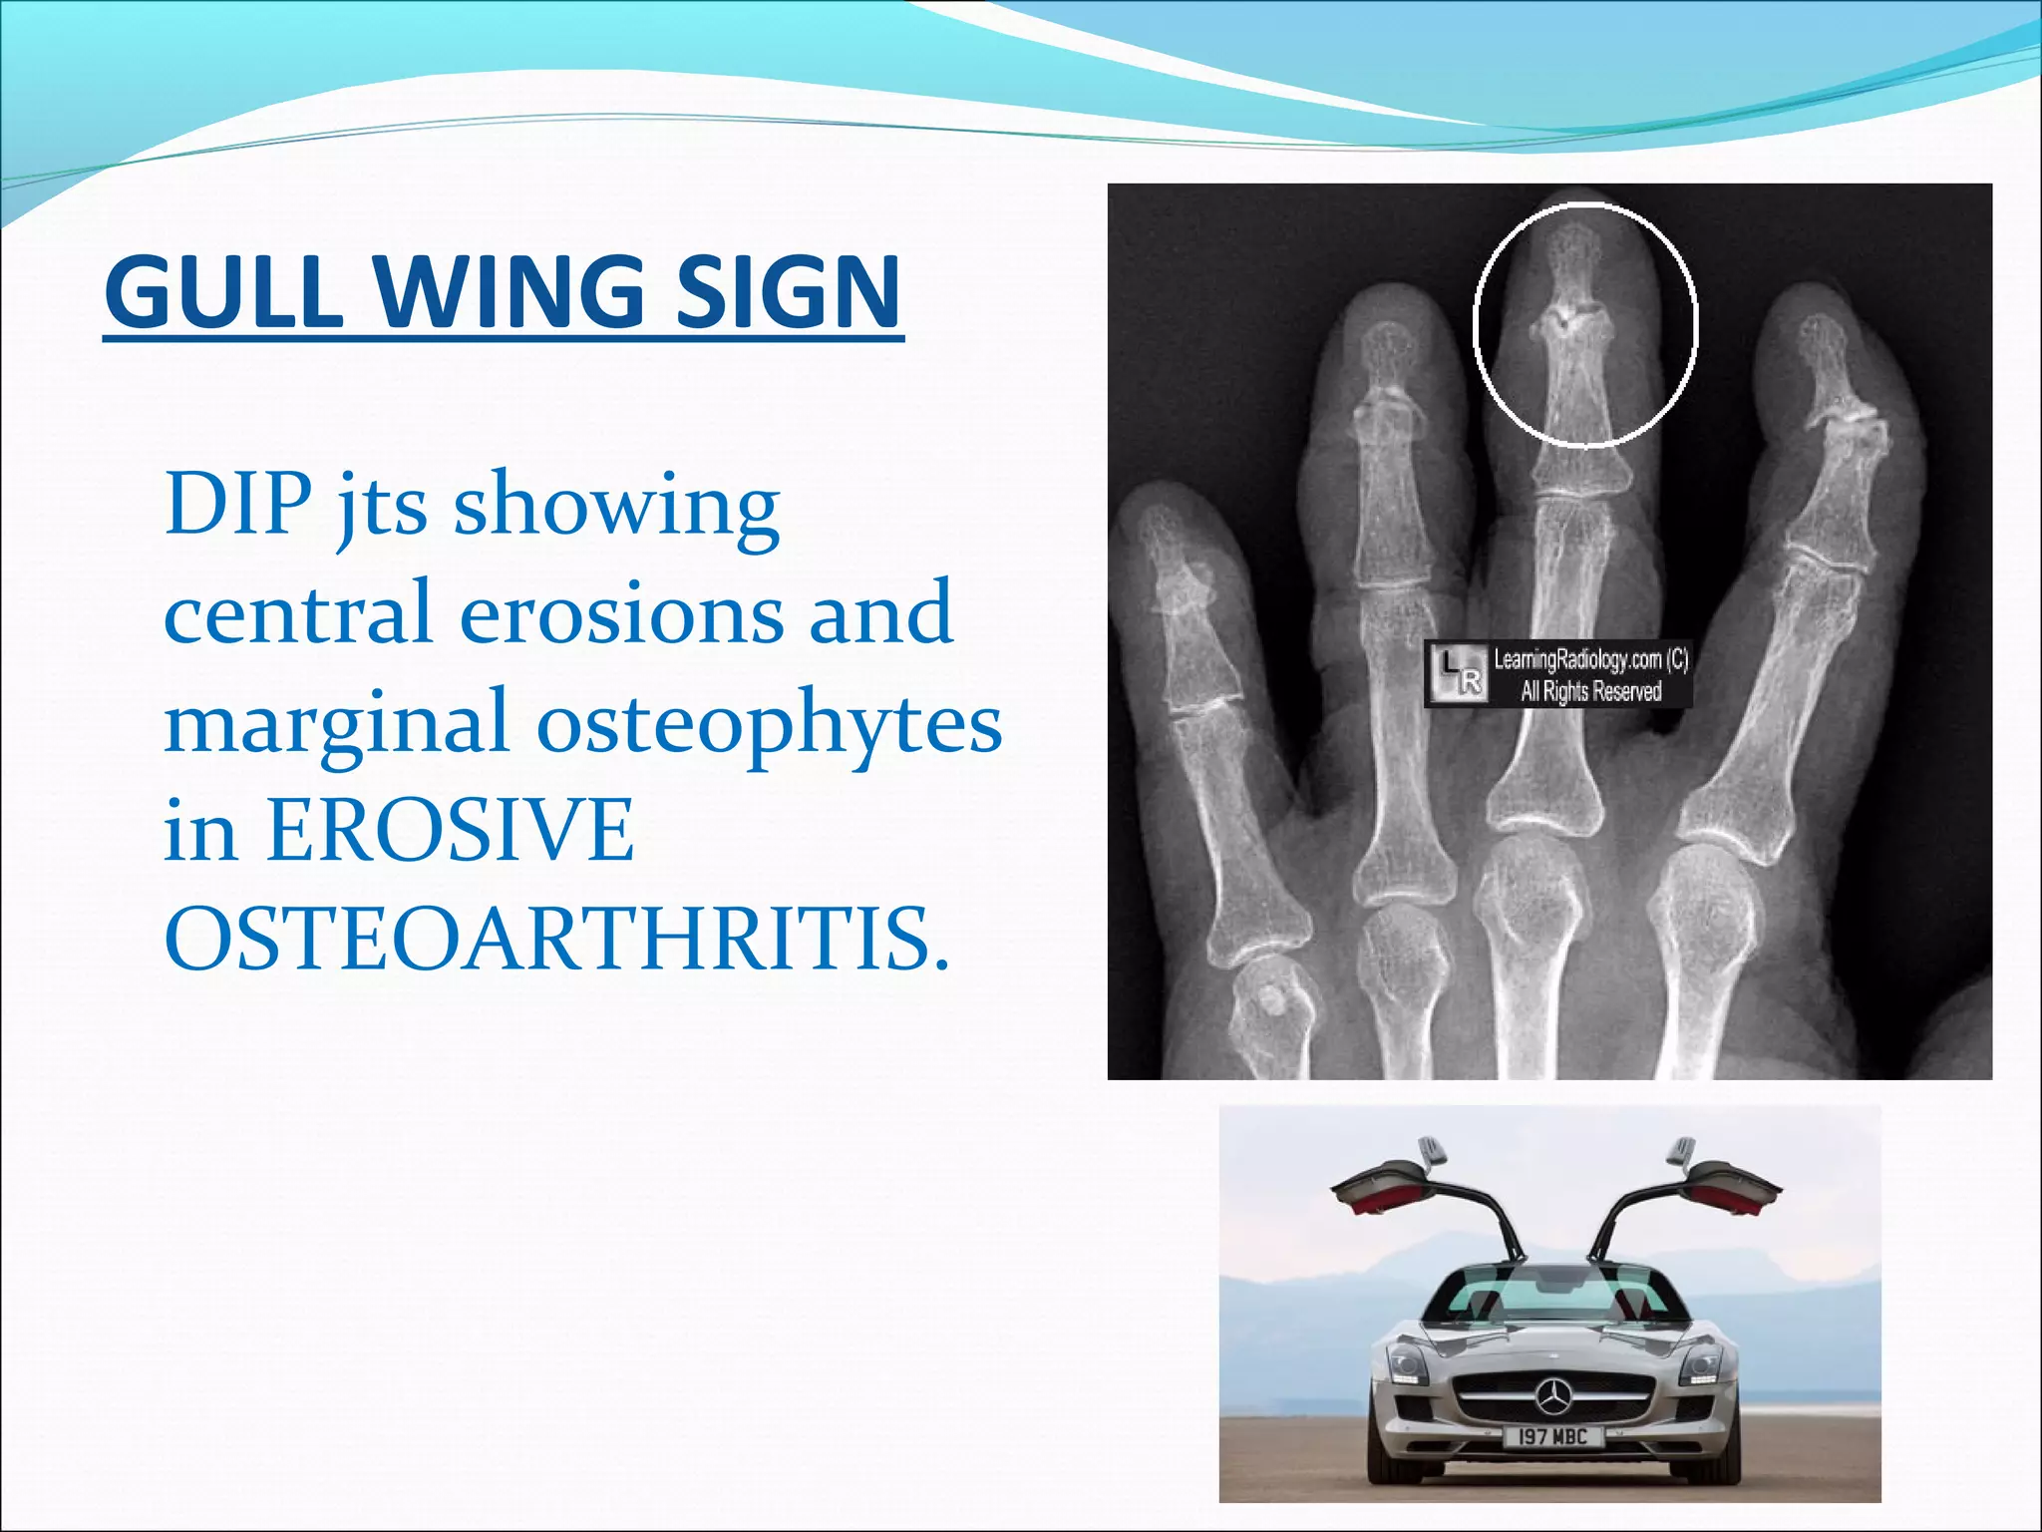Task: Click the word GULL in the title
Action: pos(223,291)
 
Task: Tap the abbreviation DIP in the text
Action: pos(237,504)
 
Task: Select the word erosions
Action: pos(622,613)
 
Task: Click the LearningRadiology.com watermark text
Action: pos(1589,660)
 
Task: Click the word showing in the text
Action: pos(616,504)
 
